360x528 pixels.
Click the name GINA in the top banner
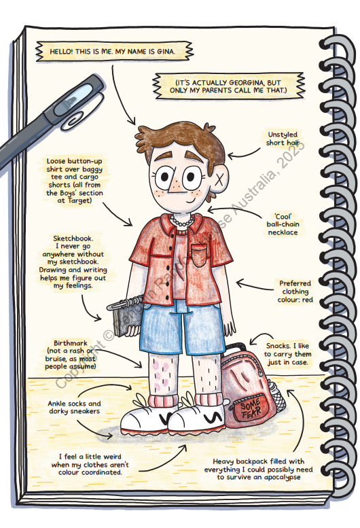tap(165, 52)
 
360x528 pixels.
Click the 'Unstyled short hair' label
tap(283, 139)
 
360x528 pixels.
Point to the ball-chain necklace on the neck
tap(181, 222)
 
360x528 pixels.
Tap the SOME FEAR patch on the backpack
tap(251, 409)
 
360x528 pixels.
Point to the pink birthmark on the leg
tap(162, 374)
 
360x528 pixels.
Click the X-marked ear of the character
tap(219, 181)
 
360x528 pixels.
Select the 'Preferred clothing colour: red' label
tap(295, 292)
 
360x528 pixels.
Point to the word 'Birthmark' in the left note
tap(71, 343)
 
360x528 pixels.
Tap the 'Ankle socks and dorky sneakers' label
tap(74, 407)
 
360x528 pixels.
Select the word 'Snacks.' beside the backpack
tap(278, 346)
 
